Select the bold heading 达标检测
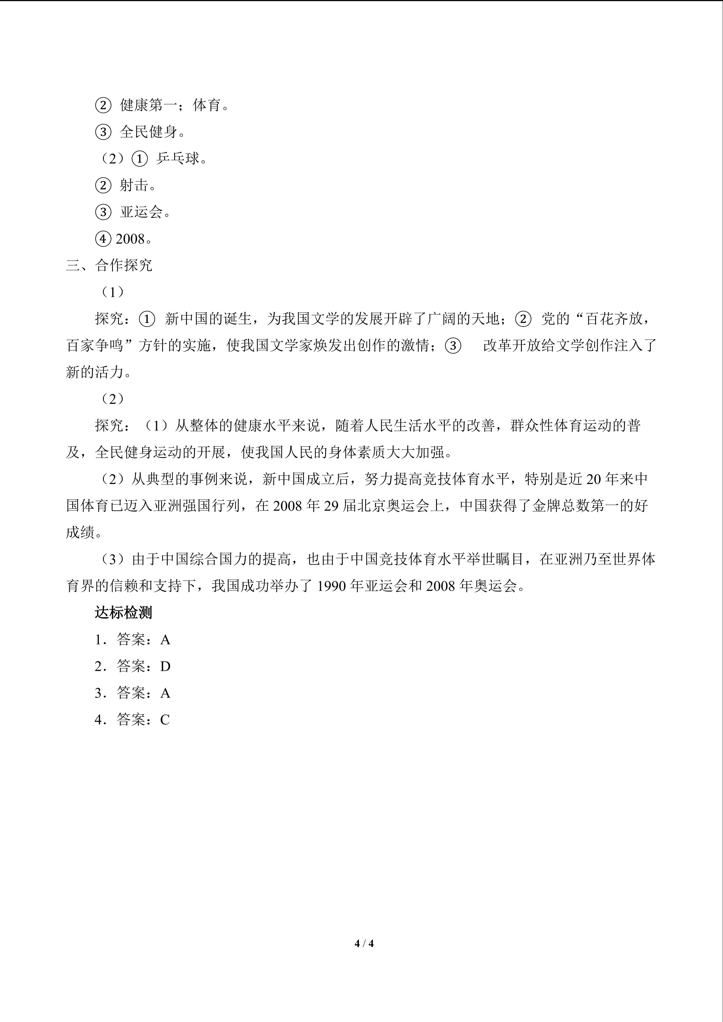tap(123, 613)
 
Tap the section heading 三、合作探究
tap(109, 265)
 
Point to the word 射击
tap(134, 185)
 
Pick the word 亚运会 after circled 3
tap(141, 212)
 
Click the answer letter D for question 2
tap(165, 666)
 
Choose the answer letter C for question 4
tap(165, 720)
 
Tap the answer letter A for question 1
tap(165, 640)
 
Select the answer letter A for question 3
tap(165, 693)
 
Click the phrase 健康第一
tap(148, 105)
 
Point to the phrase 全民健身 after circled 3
tap(148, 132)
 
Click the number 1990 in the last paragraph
tap(331, 586)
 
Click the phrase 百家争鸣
tap(95, 345)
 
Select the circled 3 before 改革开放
tap(453, 346)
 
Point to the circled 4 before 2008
tap(103, 239)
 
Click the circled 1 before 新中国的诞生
tap(147, 319)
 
